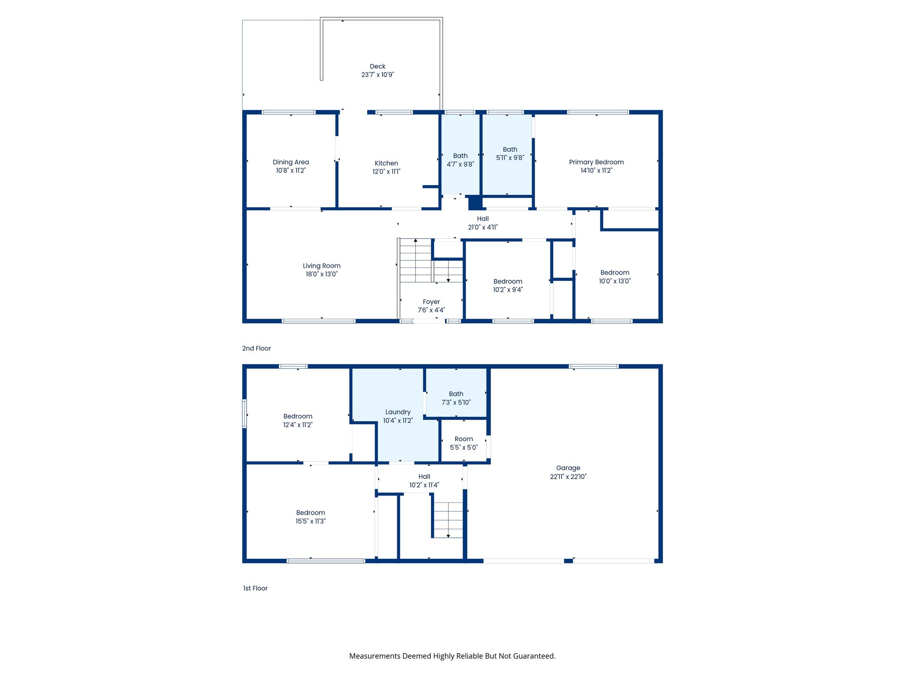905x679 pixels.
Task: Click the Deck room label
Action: click(x=377, y=66)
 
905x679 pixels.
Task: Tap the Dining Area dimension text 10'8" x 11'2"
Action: click(x=291, y=171)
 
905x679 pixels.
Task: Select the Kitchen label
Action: click(x=386, y=163)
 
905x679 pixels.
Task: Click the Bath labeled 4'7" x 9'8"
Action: click(x=460, y=160)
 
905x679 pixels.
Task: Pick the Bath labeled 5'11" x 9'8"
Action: click(x=510, y=153)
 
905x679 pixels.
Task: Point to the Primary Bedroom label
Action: click(x=596, y=162)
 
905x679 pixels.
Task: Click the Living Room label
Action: click(x=321, y=266)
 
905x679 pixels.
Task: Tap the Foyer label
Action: click(x=431, y=302)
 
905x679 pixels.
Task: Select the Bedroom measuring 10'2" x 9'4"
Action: click(x=508, y=285)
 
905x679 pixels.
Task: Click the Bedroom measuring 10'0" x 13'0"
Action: click(x=615, y=276)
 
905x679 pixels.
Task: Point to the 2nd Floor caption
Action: click(x=256, y=348)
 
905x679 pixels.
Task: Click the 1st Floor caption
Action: click(x=255, y=588)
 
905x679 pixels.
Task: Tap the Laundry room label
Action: click(x=398, y=412)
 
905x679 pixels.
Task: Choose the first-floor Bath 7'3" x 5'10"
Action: click(x=456, y=398)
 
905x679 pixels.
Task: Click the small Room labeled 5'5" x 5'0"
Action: click(x=464, y=443)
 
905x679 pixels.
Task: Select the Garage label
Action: click(x=568, y=468)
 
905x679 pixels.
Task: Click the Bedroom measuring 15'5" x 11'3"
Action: click(x=310, y=517)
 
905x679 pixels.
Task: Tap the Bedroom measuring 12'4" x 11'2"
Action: click(x=297, y=420)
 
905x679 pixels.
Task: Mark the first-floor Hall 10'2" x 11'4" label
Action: click(x=424, y=481)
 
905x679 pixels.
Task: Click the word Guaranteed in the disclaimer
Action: click(x=535, y=656)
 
